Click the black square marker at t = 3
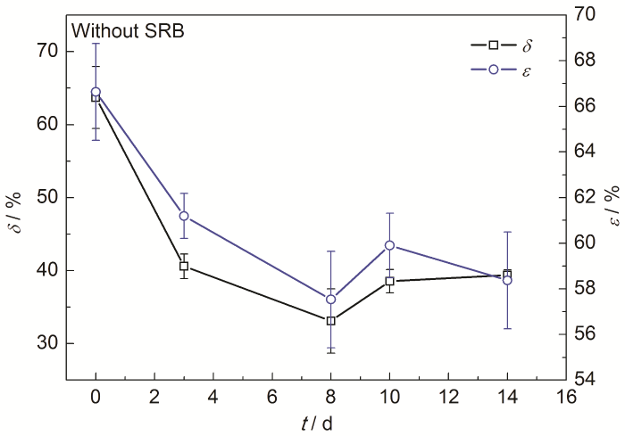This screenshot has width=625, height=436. tap(184, 266)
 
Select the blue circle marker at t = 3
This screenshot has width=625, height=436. tap(184, 216)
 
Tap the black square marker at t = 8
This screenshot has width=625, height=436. tap(330, 320)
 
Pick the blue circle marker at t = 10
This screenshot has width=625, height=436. tap(389, 245)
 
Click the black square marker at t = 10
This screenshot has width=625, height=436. tap(389, 281)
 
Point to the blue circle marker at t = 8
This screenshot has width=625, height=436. tap(330, 299)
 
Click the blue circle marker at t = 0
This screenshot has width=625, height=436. tap(96, 91)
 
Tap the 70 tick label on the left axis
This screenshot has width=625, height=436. tap(50, 51)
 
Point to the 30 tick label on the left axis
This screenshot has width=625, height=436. tap(50, 343)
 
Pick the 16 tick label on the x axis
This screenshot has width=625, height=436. tap(565, 396)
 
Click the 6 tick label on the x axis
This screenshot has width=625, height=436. tap(271, 396)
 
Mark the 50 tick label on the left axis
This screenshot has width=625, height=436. tap(50, 197)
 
